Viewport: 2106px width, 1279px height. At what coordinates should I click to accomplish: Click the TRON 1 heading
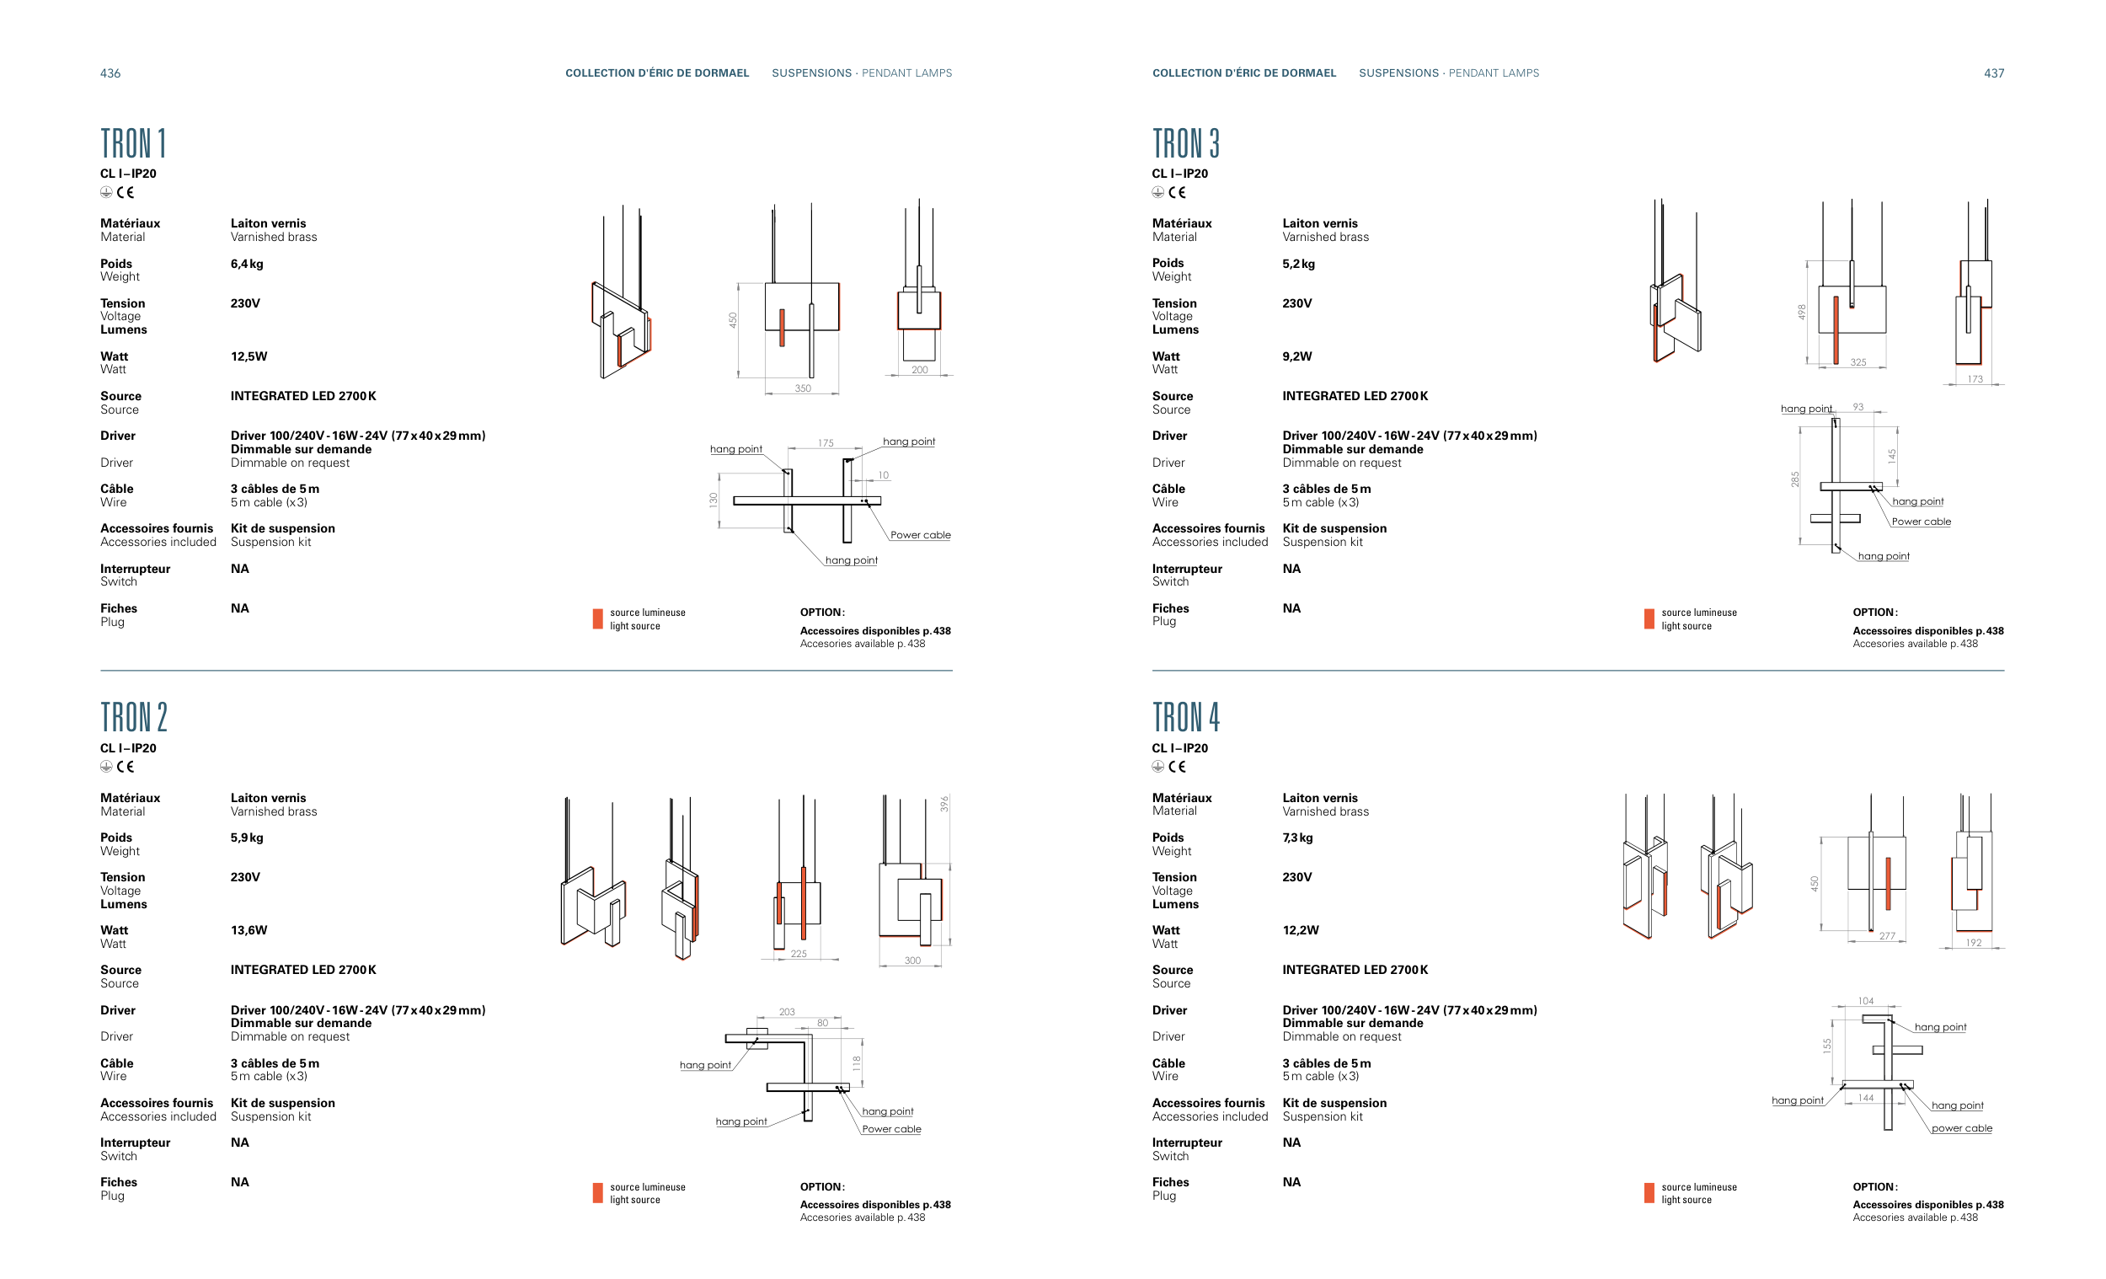click(x=133, y=143)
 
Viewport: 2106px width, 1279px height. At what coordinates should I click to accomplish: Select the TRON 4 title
click(x=1185, y=717)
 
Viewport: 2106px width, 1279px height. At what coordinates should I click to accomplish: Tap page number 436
click(x=110, y=73)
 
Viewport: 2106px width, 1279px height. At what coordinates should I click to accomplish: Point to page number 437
click(x=1993, y=73)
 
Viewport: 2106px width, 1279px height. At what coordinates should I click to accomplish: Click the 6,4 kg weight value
click(x=247, y=265)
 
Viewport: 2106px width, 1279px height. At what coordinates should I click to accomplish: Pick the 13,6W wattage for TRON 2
click(x=249, y=930)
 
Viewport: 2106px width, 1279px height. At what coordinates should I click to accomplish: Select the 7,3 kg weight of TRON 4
click(x=1297, y=838)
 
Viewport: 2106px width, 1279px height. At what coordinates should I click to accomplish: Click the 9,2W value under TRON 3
click(x=1296, y=356)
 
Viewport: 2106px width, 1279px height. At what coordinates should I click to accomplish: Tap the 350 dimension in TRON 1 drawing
click(x=803, y=388)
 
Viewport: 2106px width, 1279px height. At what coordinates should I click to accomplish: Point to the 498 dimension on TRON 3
click(x=1801, y=312)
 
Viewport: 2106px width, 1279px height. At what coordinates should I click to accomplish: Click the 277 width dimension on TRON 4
click(x=1887, y=936)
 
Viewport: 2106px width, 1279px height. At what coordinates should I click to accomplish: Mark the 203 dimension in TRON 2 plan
click(x=786, y=1012)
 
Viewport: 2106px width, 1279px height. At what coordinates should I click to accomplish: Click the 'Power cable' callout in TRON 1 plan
click(x=921, y=535)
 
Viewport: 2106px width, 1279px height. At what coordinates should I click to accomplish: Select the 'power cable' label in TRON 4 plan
click(x=1962, y=1128)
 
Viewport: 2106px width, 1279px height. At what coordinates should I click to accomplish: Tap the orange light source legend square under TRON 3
click(x=1649, y=619)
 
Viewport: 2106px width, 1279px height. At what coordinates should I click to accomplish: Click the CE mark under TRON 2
click(x=126, y=767)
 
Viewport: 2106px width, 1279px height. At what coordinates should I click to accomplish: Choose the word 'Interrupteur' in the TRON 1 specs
click(x=135, y=569)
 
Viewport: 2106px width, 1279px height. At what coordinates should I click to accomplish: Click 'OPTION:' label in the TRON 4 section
click(x=1874, y=1186)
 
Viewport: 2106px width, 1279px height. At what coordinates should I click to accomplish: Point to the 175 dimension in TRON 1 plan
click(x=825, y=443)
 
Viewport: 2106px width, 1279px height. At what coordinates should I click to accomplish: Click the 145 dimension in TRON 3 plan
click(x=1891, y=456)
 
